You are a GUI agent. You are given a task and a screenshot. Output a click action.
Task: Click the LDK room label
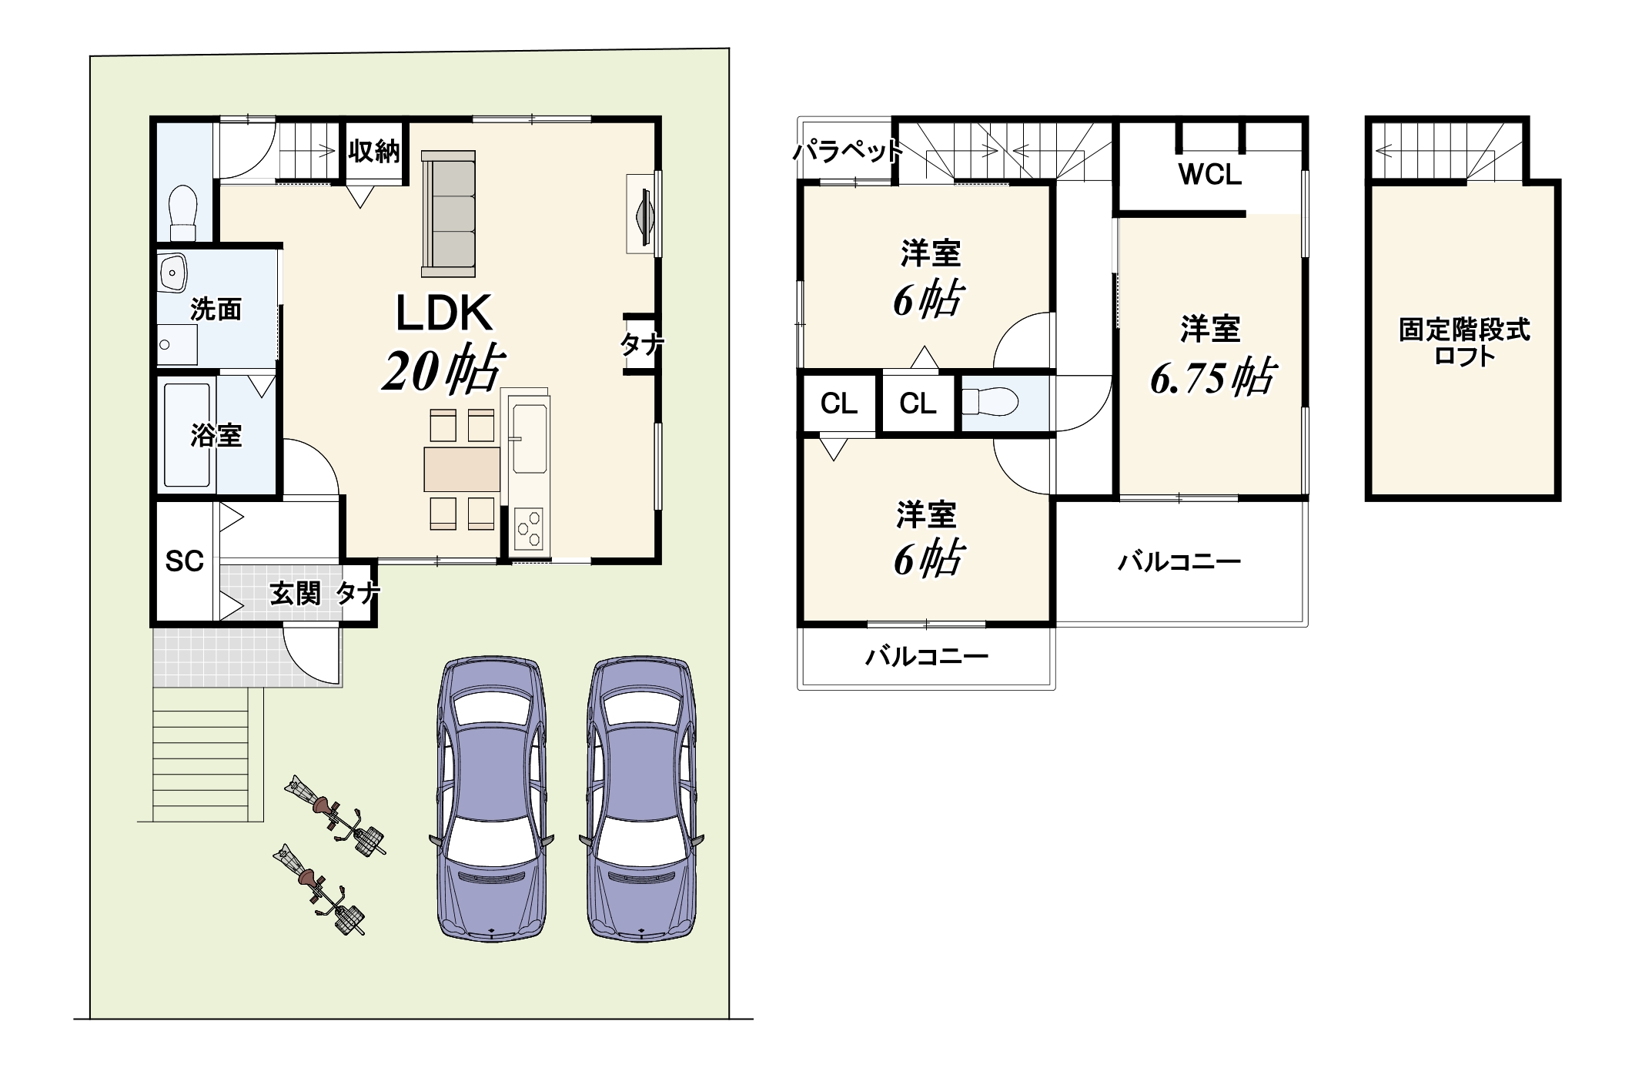(x=444, y=313)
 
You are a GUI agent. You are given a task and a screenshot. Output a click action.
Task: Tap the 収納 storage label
(x=374, y=151)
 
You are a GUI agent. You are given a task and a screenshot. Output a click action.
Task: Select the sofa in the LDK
(x=448, y=213)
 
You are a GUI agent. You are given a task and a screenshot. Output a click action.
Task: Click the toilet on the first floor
(x=182, y=213)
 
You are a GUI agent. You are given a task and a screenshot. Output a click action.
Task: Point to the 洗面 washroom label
(x=216, y=310)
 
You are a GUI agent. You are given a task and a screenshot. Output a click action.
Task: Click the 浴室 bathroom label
(x=216, y=436)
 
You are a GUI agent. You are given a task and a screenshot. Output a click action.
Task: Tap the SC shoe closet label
(x=185, y=561)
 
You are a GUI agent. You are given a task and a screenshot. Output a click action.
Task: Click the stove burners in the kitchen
(x=529, y=528)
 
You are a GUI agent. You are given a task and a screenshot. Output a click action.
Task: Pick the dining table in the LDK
(x=462, y=469)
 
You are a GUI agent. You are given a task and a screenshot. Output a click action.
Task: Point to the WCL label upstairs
(x=1210, y=175)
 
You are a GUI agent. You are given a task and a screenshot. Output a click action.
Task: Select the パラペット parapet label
(x=848, y=152)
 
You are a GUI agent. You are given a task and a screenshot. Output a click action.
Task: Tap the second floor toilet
(x=991, y=401)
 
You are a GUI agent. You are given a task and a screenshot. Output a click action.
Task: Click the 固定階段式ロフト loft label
(x=1464, y=343)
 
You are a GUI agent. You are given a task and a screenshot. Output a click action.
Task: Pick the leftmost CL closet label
(x=839, y=403)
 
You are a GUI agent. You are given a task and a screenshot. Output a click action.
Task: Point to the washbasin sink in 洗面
(x=172, y=272)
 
